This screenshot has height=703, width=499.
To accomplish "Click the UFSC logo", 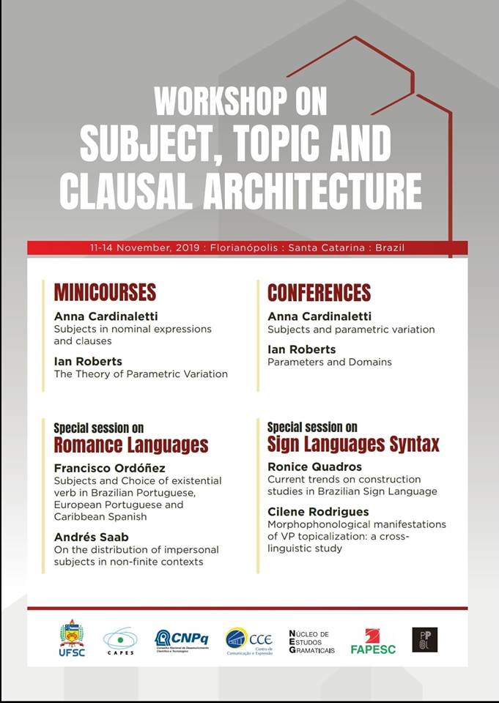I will tap(72, 638).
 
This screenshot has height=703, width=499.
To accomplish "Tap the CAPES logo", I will tap(119, 641).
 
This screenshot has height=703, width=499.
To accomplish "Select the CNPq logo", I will tap(182, 640).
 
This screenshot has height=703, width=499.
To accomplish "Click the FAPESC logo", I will tap(374, 641).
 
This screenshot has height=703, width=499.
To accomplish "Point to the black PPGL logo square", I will tap(424, 639).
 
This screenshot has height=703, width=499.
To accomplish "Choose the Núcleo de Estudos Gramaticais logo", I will tap(311, 641).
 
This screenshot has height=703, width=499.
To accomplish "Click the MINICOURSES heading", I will tap(105, 292).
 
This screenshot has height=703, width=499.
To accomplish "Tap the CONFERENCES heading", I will tap(319, 292).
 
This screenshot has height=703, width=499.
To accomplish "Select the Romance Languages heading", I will tap(131, 445).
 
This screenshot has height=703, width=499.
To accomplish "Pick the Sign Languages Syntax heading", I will tap(353, 444).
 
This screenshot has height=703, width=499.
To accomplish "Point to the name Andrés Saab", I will tap(90, 536).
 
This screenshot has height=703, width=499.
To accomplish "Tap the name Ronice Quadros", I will tap(314, 466).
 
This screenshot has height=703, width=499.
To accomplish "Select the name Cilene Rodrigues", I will tap(318, 510).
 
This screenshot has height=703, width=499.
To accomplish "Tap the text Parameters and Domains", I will tap(329, 362).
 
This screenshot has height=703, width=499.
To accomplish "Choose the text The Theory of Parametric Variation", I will tap(141, 373).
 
